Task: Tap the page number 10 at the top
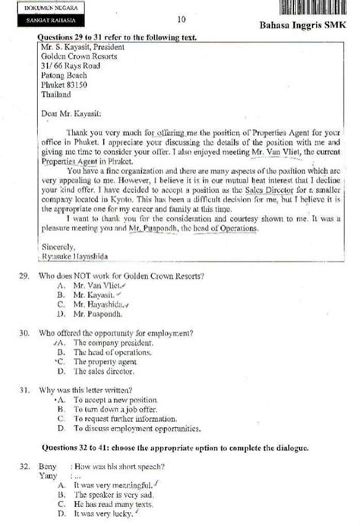click(x=181, y=19)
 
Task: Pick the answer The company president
click(x=113, y=343)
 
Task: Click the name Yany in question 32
click(x=47, y=476)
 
